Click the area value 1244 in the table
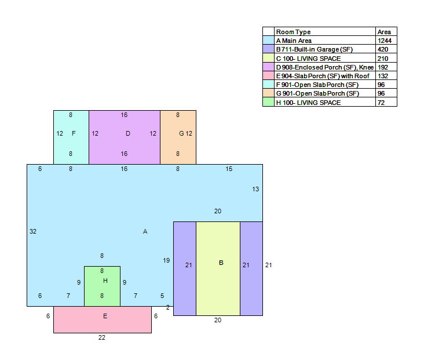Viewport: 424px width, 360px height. (x=385, y=41)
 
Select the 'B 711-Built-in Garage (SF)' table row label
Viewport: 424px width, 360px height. (x=314, y=49)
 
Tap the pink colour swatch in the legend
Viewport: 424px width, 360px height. (x=268, y=75)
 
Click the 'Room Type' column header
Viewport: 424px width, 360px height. (x=294, y=32)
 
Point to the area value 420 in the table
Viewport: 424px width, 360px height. (x=383, y=49)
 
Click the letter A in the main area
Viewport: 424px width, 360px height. (x=145, y=231)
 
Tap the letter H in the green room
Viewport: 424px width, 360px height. (x=105, y=281)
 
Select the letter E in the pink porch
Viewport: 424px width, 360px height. (x=105, y=316)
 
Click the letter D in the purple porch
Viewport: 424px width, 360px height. (x=128, y=133)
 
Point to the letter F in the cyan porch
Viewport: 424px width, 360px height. (x=74, y=133)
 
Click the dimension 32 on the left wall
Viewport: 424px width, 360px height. (x=33, y=231)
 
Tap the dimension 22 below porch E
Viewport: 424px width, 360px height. (x=102, y=337)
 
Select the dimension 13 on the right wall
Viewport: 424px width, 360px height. (x=255, y=189)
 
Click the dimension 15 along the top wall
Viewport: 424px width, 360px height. (x=229, y=169)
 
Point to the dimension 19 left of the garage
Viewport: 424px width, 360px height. (x=166, y=260)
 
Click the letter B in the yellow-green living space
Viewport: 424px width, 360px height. (x=221, y=263)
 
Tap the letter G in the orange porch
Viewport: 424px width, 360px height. (x=181, y=133)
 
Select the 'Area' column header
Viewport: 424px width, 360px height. (x=384, y=32)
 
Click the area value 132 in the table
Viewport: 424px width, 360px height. (x=383, y=76)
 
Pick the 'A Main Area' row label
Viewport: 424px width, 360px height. (x=294, y=41)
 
